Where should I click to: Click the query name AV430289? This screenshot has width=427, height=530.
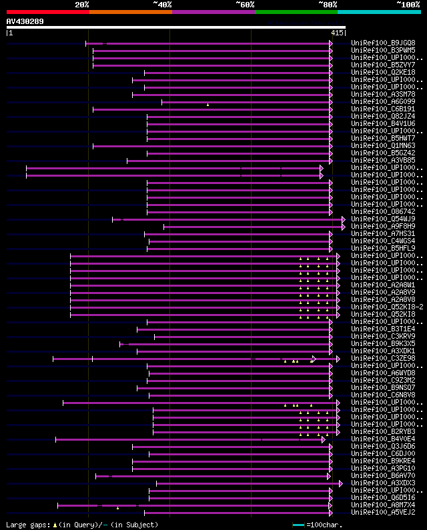coord(25,21)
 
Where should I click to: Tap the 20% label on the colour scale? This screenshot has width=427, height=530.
coord(82,4)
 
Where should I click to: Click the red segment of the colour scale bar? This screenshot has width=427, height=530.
coord(47,11)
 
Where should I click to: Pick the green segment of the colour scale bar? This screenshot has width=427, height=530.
coord(296,11)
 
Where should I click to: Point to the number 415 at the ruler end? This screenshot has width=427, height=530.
coord(337,33)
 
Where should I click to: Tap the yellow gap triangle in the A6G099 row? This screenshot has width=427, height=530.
coord(207,105)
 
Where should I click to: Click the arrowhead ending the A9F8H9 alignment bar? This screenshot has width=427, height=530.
coord(344,226)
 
